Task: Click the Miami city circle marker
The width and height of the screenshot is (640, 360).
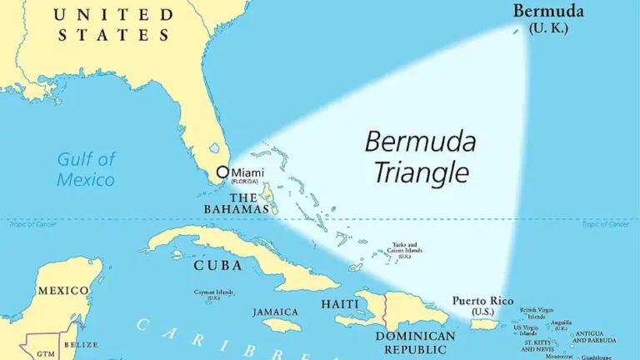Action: click(x=222, y=172)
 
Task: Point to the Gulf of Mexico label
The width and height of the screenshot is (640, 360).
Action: click(x=86, y=168)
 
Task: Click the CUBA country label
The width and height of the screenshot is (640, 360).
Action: click(x=217, y=265)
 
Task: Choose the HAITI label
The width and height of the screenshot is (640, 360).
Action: click(x=340, y=304)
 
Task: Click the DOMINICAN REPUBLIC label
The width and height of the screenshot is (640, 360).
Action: click(x=415, y=342)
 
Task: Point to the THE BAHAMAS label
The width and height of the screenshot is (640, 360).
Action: click(x=237, y=203)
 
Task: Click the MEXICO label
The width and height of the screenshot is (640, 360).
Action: click(x=62, y=291)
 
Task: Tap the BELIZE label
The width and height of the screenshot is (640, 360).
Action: click(x=81, y=344)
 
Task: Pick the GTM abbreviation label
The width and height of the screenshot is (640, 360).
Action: click(x=47, y=353)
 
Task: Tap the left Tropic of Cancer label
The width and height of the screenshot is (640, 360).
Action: click(x=32, y=224)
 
